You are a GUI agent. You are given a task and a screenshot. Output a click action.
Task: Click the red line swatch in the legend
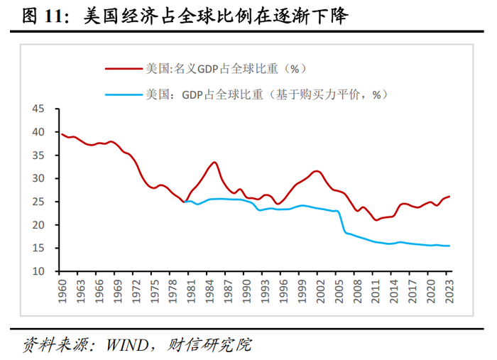click(x=123, y=69)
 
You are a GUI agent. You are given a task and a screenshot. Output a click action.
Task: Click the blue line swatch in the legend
click(x=123, y=94)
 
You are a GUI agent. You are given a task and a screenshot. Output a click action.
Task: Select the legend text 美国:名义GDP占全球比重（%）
click(x=226, y=69)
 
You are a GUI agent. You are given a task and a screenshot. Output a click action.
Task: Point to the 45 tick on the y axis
click(x=38, y=109)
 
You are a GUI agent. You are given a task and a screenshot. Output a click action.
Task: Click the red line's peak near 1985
click(x=214, y=162)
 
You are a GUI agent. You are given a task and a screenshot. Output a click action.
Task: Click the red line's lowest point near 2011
click(x=376, y=220)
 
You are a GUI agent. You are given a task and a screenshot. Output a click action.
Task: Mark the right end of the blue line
click(x=449, y=246)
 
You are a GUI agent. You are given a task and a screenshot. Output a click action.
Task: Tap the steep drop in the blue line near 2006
click(x=343, y=223)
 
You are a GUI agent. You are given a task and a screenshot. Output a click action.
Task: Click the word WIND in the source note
click(x=127, y=346)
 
